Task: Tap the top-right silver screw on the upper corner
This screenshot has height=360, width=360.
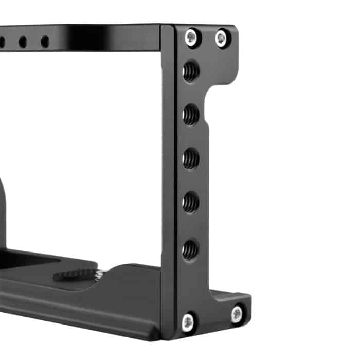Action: (222, 38)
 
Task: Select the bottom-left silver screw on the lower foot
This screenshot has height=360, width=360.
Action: (189, 322)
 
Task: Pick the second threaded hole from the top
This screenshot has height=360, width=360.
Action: (191, 114)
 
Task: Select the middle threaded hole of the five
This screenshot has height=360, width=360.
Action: (191, 158)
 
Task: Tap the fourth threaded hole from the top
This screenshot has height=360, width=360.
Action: (191, 202)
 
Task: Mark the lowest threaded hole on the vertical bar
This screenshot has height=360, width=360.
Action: (191, 249)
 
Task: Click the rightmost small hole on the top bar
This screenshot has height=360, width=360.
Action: (45, 42)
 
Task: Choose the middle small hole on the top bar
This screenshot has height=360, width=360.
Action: (23, 42)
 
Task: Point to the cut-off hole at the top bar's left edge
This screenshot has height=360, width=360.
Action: (2, 42)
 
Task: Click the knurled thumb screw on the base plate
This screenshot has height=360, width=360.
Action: (75, 274)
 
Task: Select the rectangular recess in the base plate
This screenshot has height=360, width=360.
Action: (26, 260)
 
